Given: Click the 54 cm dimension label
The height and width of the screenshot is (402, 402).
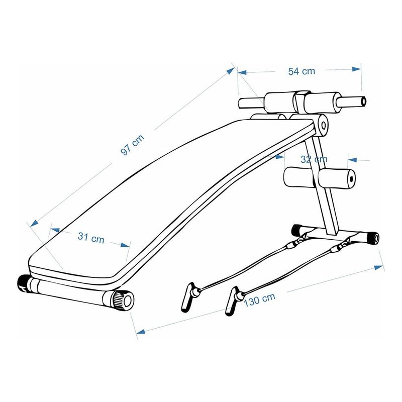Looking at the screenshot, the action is click(301, 71).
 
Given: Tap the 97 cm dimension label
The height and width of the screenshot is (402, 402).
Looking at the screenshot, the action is click(132, 145).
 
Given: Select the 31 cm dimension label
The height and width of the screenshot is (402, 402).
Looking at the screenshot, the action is click(91, 238).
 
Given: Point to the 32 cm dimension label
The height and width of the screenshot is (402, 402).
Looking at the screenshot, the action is click(314, 159).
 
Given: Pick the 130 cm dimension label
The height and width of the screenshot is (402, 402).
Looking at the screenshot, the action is click(259, 299).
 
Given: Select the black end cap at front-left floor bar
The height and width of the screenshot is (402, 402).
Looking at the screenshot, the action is click(23, 284).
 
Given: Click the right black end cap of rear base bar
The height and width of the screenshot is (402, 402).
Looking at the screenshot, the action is click(373, 237).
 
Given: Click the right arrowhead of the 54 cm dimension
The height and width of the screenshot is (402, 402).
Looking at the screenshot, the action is click(357, 69).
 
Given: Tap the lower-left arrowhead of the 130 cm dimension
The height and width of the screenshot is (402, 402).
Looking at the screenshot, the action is click(141, 332).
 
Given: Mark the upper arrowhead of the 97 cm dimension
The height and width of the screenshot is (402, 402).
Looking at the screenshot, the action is click(231, 70).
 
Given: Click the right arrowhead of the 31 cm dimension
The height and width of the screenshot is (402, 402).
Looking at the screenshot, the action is click(125, 245).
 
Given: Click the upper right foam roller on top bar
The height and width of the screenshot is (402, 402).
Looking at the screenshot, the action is click(322, 103).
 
